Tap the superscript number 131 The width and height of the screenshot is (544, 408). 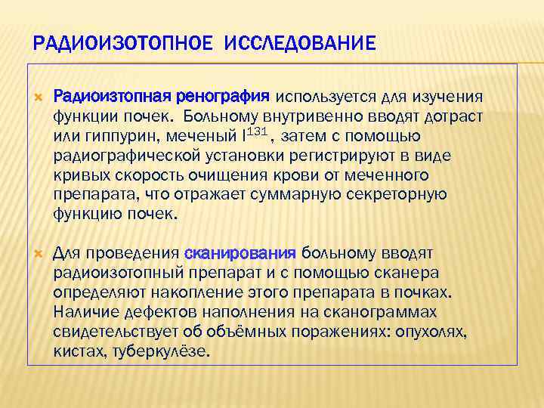coord(256,131)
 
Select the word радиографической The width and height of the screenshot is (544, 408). coord(129,156)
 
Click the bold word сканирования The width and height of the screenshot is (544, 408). coord(240,252)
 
